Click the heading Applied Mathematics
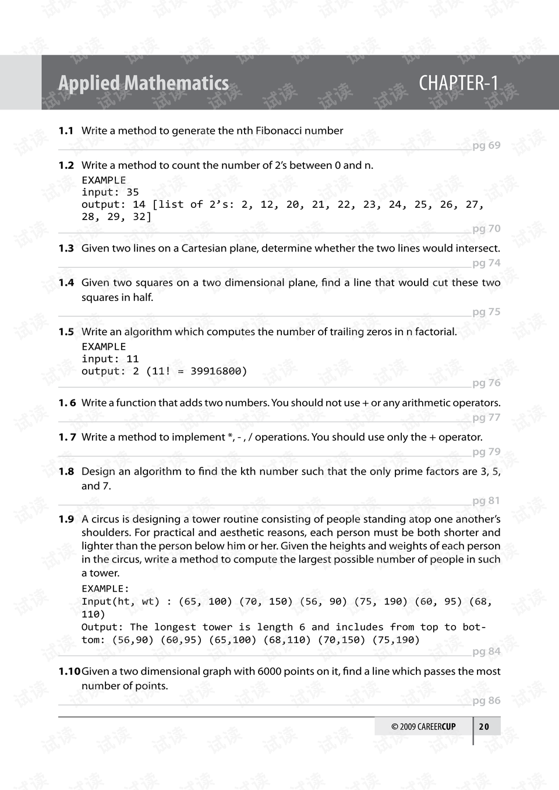tap(143, 83)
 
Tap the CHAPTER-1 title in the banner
tap(458, 83)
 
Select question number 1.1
tap(66, 131)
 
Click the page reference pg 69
tap(486, 146)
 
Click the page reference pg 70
tap(486, 229)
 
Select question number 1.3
tap(66, 249)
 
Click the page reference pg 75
tap(486, 312)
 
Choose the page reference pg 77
tap(486, 417)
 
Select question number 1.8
tap(66, 472)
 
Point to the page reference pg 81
tap(486, 501)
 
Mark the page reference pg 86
tap(486, 701)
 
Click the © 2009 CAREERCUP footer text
tap(423, 727)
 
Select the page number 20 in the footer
tap(484, 727)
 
